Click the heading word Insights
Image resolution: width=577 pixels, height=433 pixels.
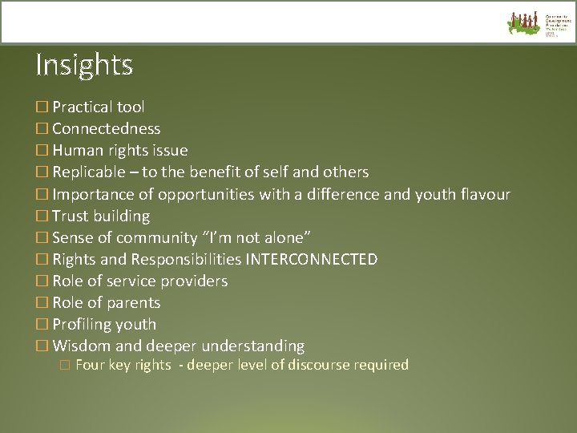pos(84,64)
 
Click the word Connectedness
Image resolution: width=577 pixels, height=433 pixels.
pos(106,128)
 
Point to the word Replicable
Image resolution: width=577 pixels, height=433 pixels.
pos(89,172)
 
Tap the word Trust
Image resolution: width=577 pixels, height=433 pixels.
pos(71,216)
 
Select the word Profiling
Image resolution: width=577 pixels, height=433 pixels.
pos(82,325)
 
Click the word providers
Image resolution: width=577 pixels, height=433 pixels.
pos(194,281)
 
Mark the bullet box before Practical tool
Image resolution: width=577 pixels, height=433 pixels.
pos(42,107)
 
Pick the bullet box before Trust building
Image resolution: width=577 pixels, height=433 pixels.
pos(42,216)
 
